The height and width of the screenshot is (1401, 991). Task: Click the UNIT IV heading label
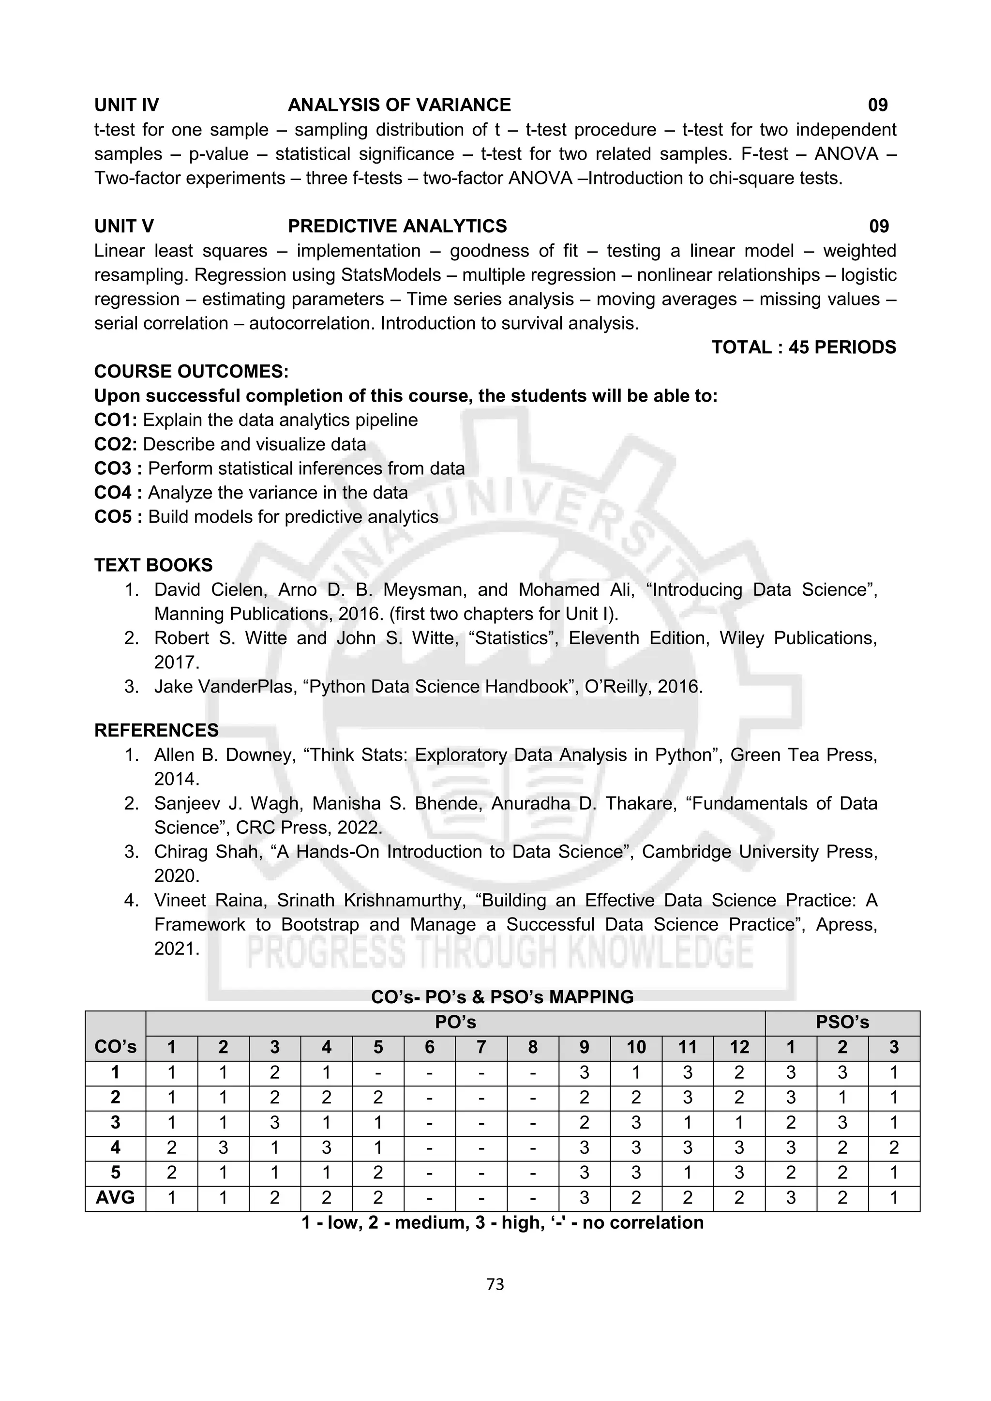tap(126, 105)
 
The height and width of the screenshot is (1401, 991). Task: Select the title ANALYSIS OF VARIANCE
tap(399, 105)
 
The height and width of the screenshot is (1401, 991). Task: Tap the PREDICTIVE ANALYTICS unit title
tap(397, 226)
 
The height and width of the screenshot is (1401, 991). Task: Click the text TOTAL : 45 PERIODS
tap(803, 347)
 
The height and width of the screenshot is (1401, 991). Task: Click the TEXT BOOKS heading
tap(153, 565)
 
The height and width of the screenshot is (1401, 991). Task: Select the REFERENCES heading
tap(156, 730)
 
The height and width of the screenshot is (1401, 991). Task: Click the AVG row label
tap(115, 1198)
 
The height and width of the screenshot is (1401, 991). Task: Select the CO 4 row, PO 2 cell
tap(224, 1148)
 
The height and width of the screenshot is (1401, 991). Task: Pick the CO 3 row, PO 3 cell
tap(274, 1123)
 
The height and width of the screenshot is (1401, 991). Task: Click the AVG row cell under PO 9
tap(584, 1198)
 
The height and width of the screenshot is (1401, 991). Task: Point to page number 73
tap(495, 1285)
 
